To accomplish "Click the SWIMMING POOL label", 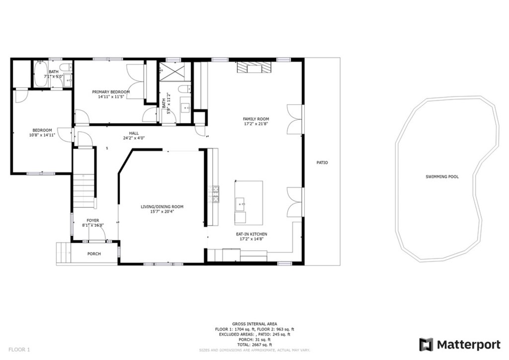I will (442, 177).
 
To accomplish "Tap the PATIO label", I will (322, 163).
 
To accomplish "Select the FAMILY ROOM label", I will (255, 119).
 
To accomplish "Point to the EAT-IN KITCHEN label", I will (251, 234).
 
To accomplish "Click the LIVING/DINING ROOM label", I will (162, 206).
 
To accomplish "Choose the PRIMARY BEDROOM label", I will (110, 92).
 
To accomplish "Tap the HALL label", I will (134, 133).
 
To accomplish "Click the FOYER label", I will (92, 220).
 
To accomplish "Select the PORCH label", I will (94, 254).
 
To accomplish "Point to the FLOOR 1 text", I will (19, 350).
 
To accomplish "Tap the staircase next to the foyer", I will (84, 191).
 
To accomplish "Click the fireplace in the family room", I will (255, 68).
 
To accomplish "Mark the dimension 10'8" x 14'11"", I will (42, 135).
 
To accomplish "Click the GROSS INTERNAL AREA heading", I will (254, 324).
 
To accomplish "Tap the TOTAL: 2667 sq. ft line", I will (254, 345).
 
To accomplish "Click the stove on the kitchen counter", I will (216, 194).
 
